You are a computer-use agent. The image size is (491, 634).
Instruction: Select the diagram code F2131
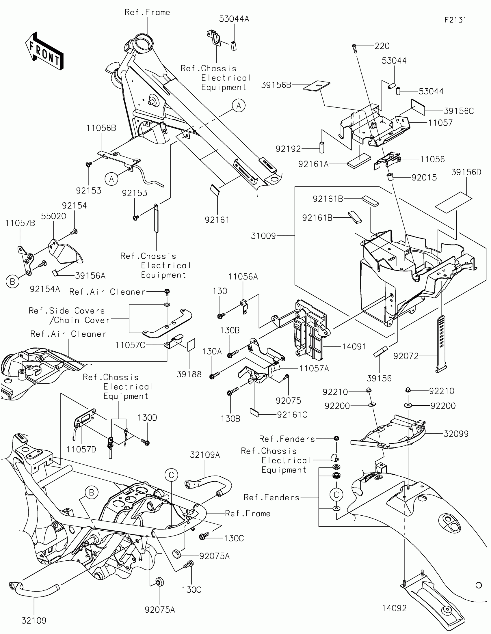click(x=455, y=20)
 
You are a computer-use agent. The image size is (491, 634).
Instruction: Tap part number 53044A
click(x=234, y=19)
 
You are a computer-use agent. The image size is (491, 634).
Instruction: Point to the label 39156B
click(x=276, y=85)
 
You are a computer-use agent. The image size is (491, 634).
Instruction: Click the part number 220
click(x=382, y=46)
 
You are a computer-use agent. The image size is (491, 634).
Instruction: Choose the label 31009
click(x=263, y=236)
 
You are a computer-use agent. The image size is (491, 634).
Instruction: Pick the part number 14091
click(x=354, y=346)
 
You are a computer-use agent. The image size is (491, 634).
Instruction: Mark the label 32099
click(x=456, y=434)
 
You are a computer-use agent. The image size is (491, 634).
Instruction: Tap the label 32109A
click(x=205, y=455)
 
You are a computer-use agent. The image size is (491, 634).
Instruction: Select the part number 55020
click(x=53, y=216)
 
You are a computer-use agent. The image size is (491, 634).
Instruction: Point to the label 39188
click(x=189, y=374)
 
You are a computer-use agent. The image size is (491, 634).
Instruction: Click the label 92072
click(x=406, y=356)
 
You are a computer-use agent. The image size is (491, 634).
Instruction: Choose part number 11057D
click(x=81, y=450)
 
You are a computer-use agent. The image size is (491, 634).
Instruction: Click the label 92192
click(x=288, y=149)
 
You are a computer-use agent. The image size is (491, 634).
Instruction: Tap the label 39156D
click(x=466, y=172)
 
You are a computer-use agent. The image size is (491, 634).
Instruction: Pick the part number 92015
click(x=424, y=177)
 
